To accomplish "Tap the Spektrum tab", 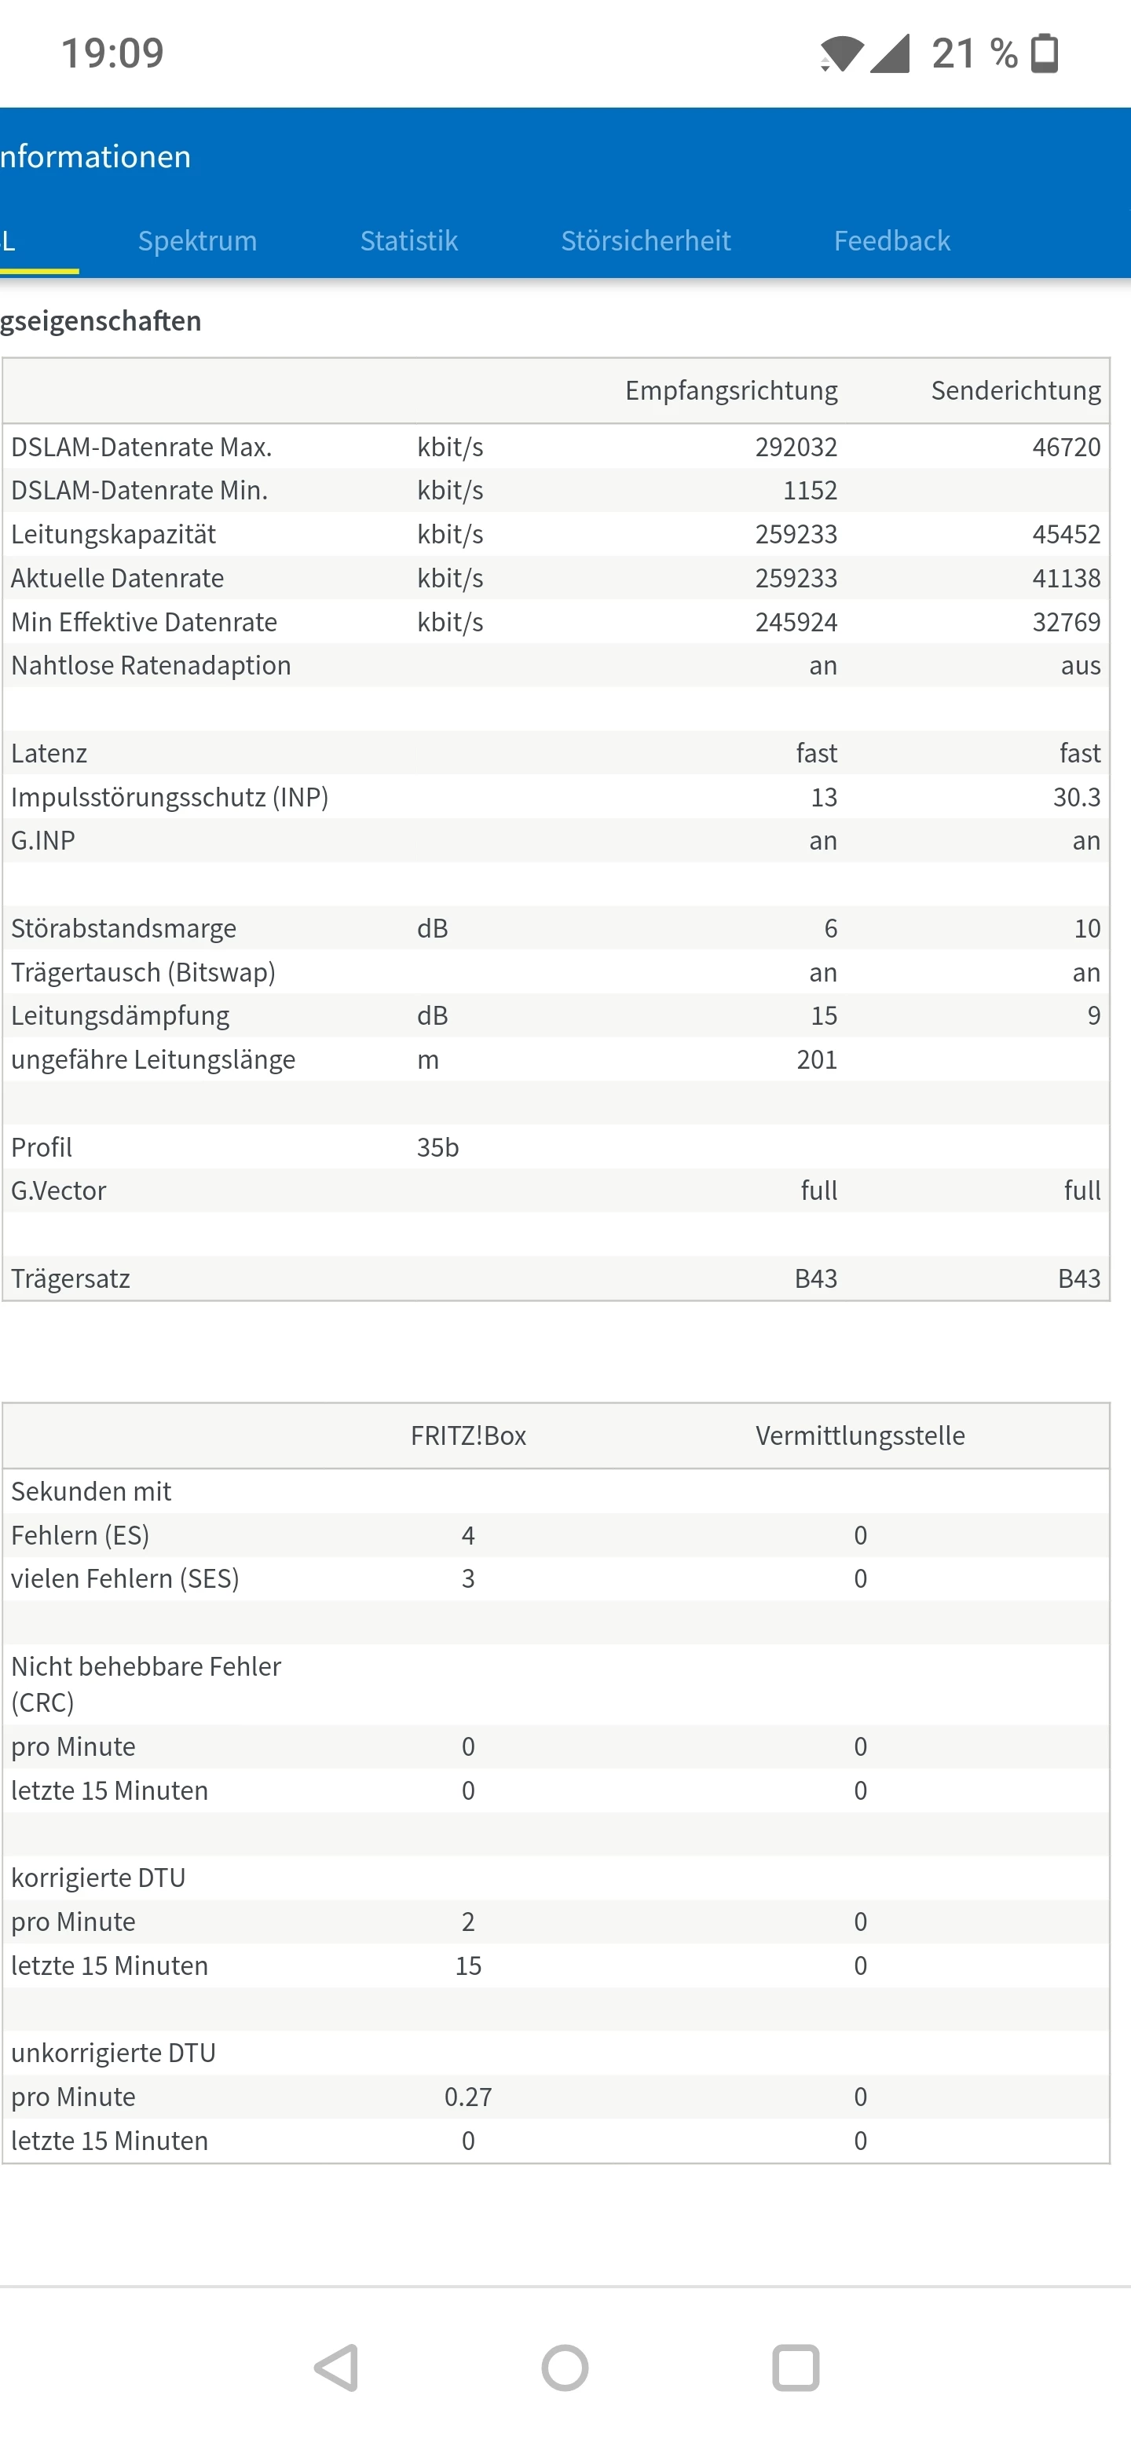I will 197,240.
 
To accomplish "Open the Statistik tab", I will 409,240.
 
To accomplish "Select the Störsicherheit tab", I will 646,240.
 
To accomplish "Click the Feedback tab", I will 891,240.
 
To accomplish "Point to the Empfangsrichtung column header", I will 730,390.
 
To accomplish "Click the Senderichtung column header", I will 1015,390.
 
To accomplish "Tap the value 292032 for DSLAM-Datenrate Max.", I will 796,447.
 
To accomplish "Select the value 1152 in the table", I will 810,491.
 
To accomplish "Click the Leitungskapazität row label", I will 114,535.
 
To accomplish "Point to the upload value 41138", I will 1067,578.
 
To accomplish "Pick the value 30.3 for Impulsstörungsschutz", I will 1076,797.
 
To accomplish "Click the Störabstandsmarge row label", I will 123,928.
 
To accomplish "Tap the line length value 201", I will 816,1059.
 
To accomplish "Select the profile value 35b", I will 437,1147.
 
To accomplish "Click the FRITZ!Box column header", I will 468,1435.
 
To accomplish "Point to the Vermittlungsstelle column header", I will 860,1435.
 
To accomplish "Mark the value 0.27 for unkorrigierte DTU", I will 468,2096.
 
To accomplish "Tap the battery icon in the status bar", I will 1045,53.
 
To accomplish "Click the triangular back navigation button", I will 337,2368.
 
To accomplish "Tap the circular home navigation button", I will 565,2368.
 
